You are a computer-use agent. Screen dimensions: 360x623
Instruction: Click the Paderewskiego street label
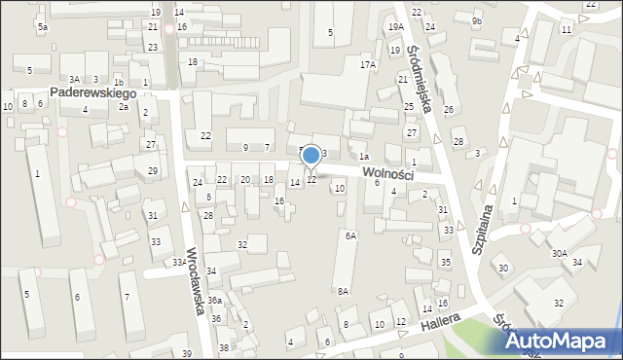pos(92,93)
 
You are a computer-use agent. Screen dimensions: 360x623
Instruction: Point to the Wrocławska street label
pos(196,275)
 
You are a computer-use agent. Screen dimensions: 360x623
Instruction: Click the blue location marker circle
pos(311,155)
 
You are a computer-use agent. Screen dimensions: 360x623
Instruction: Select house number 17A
pos(367,64)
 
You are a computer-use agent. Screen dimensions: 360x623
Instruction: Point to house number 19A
pos(394,27)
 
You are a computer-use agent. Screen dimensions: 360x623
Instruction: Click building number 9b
pos(476,20)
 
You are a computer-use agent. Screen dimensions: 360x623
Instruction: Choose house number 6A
pos(350,235)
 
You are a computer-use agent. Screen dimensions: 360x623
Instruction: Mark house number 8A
pos(343,291)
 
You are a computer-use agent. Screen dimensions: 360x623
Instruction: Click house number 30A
pos(559,253)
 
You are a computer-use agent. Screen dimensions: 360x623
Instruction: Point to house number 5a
pos(43,27)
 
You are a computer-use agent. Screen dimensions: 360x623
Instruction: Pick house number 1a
pos(363,156)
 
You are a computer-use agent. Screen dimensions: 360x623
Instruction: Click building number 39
pos(186,352)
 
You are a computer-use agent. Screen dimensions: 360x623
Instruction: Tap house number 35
pos(445,263)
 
